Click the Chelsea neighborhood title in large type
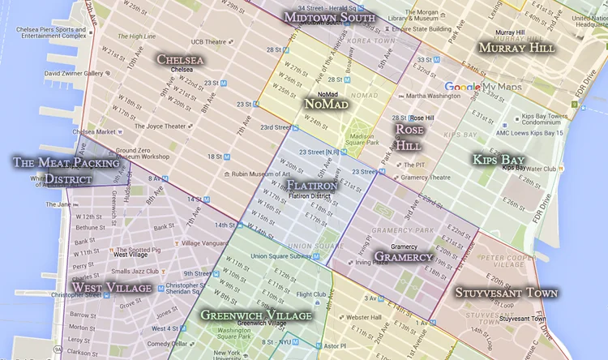point(180,59)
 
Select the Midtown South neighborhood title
point(329,17)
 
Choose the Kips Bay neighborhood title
point(499,159)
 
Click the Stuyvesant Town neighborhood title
point(506,292)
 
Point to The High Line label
point(136,36)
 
